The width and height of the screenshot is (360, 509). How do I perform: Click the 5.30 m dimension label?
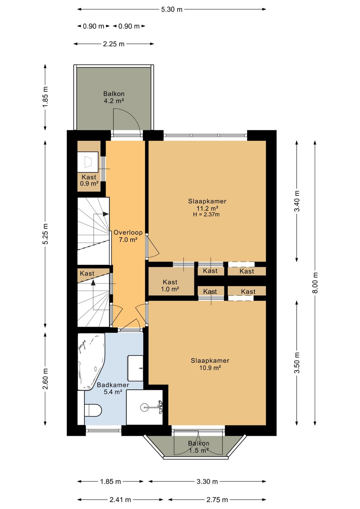click(x=172, y=10)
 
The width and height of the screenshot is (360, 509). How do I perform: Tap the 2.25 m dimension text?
click(x=114, y=44)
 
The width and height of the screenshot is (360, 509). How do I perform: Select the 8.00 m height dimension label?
click(x=315, y=283)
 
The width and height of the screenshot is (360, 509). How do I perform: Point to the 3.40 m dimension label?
click(x=297, y=201)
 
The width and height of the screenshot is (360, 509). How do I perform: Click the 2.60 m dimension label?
click(x=45, y=379)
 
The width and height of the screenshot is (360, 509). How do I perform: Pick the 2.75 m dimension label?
click(x=217, y=500)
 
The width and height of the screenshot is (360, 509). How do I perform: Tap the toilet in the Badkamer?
click(x=90, y=410)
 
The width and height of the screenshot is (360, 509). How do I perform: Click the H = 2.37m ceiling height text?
click(x=206, y=214)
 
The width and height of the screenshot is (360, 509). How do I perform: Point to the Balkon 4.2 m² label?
click(x=114, y=97)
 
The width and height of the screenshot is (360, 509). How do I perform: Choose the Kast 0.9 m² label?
click(x=89, y=180)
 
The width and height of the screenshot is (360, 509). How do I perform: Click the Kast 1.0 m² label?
click(x=170, y=286)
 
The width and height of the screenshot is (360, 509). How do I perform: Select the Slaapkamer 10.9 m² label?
click(x=210, y=364)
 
